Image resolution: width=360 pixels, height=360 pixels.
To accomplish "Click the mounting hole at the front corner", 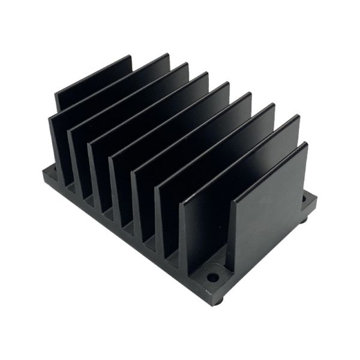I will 213,278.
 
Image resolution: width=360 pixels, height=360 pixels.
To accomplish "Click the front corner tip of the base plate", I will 215,295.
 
